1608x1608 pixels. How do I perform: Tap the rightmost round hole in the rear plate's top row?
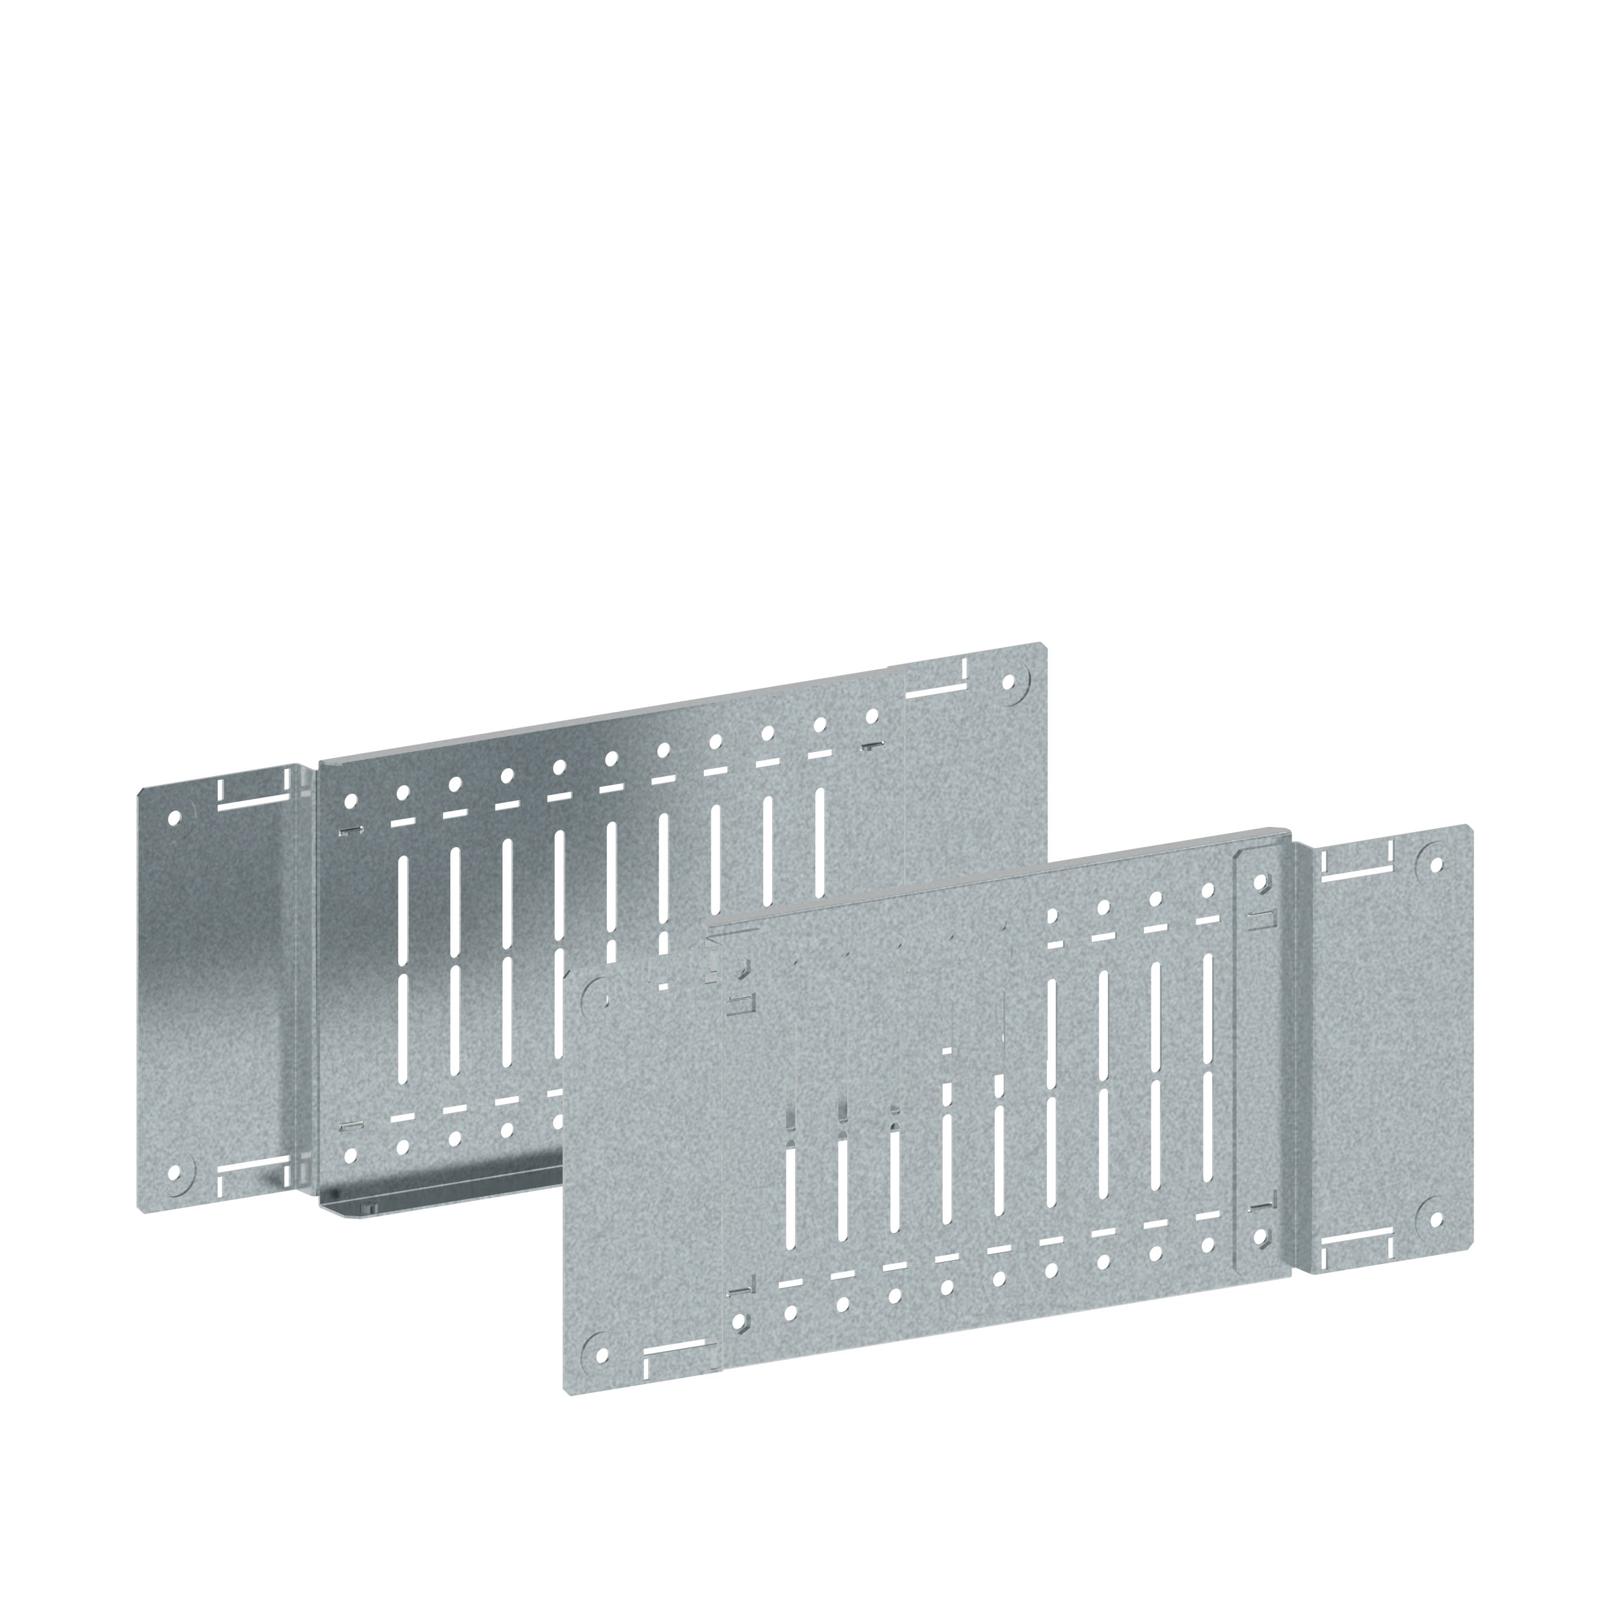coord(872,715)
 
